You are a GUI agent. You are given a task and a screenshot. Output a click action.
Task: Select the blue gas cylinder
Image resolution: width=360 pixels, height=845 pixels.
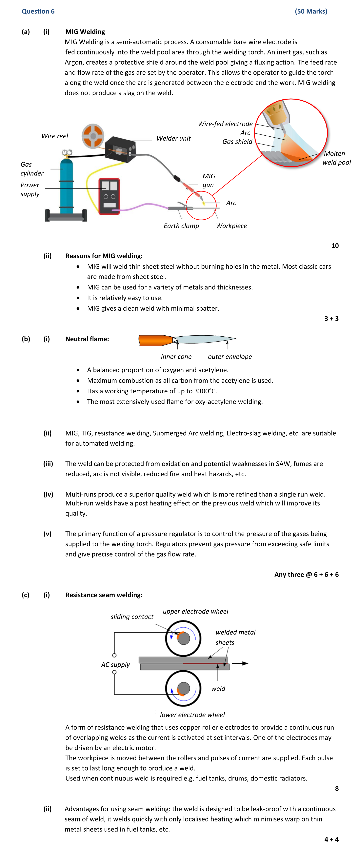click(x=67, y=185)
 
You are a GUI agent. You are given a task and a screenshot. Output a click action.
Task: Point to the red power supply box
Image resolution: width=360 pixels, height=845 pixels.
click(x=109, y=196)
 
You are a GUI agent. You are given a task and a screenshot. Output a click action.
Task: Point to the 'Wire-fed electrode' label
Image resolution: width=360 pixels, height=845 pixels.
click(x=225, y=124)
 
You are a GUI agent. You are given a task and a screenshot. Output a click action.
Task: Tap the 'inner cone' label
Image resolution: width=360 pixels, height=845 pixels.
click(x=176, y=357)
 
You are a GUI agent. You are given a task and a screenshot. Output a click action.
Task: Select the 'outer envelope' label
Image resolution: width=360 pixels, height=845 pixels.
click(x=230, y=357)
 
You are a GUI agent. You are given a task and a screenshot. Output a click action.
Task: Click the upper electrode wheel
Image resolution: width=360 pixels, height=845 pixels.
click(x=183, y=638)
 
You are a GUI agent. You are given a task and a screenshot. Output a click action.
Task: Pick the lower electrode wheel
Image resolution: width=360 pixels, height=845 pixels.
click(x=183, y=688)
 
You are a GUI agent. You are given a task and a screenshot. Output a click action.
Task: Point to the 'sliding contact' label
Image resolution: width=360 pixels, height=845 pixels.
click(x=132, y=617)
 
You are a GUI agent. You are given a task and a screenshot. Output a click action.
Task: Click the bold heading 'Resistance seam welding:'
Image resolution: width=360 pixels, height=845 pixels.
click(x=104, y=595)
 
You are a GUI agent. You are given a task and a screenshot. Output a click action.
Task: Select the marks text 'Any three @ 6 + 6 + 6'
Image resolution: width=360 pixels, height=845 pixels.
click(x=306, y=574)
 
